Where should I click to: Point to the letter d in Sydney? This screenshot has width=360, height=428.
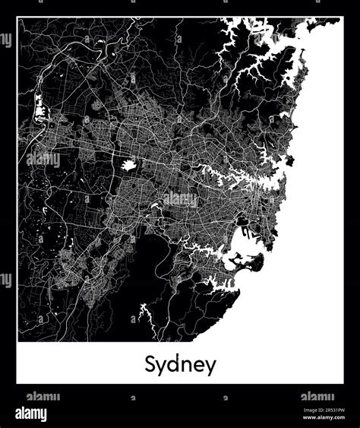[174, 362]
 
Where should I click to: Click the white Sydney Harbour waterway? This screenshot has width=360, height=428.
[251, 179]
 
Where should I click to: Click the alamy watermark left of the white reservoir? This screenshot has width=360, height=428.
[43, 160]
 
